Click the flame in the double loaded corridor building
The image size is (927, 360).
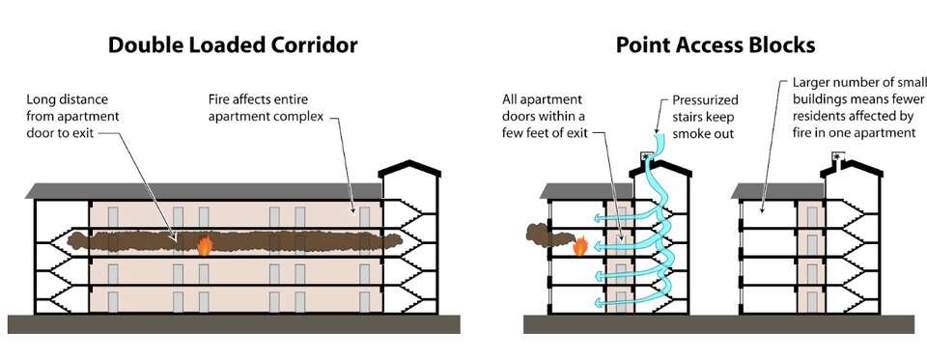[204, 245]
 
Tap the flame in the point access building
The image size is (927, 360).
[580, 248]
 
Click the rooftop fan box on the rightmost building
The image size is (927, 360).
[836, 156]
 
